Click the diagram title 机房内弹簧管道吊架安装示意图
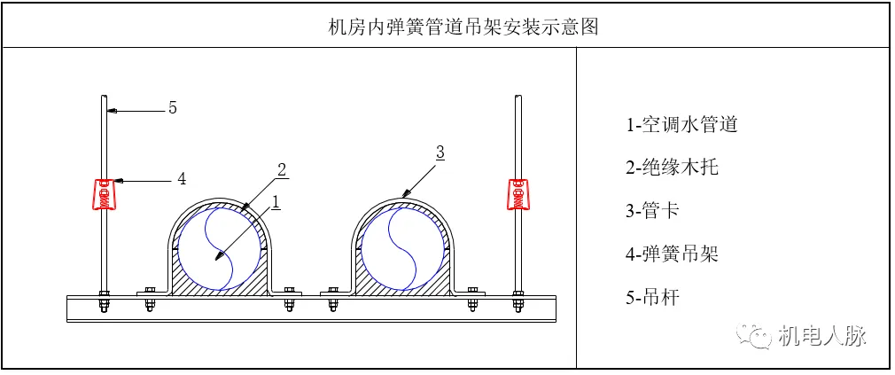(463, 27)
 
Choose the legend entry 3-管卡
(653, 210)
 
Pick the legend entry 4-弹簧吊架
(671, 254)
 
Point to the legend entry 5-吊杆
(653, 297)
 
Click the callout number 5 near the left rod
(173, 108)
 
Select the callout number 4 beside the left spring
(182, 179)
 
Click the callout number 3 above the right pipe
(440, 152)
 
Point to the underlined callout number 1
(276, 201)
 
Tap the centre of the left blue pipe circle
(217, 247)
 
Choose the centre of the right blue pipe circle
(402, 247)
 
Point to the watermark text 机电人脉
(821, 335)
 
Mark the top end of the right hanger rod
(518, 96)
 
